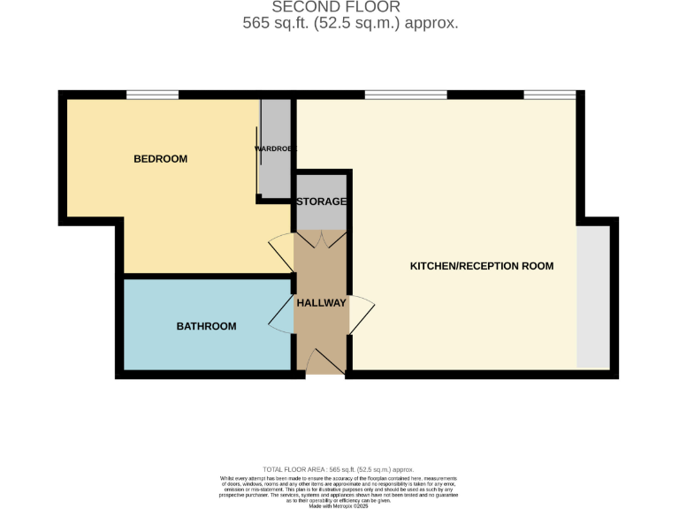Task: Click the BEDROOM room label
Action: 160,159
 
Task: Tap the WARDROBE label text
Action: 275,148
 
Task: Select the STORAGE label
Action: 321,201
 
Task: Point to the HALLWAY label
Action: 321,302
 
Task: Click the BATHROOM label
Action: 206,326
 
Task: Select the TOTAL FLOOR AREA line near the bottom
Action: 339,469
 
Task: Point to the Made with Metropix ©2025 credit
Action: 339,505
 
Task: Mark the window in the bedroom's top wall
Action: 152,95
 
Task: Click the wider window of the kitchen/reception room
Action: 405,95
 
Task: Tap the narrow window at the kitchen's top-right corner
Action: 549,95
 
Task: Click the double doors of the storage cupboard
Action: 321,239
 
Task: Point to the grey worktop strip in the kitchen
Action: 591,296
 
